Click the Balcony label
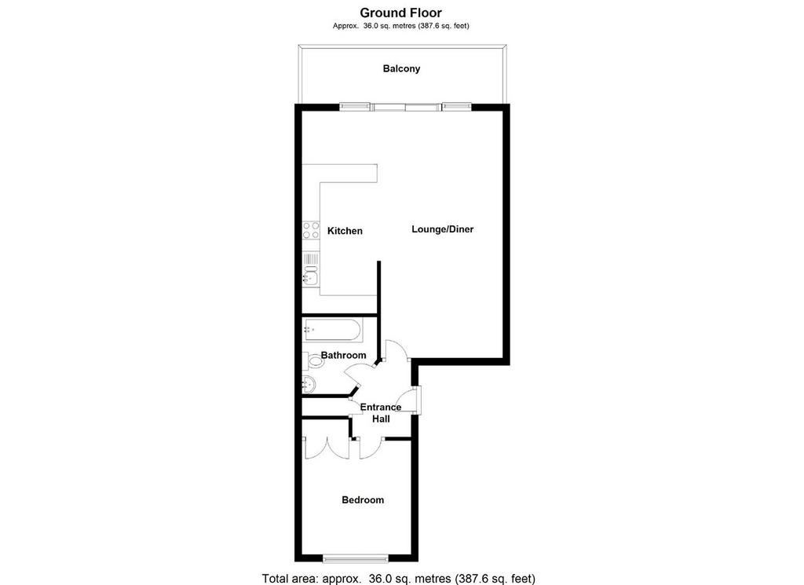(401, 68)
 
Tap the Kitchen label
(345, 231)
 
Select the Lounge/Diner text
(443, 229)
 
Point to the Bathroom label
(344, 355)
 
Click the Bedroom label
(363, 500)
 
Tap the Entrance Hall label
(381, 413)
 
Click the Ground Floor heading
(400, 13)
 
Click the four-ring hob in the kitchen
(311, 230)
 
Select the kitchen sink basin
(310, 277)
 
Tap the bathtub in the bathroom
(333, 330)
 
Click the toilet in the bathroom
(313, 361)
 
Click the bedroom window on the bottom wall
(356, 558)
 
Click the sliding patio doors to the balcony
(406, 107)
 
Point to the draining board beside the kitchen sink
(311, 258)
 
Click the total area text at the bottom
(398, 579)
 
